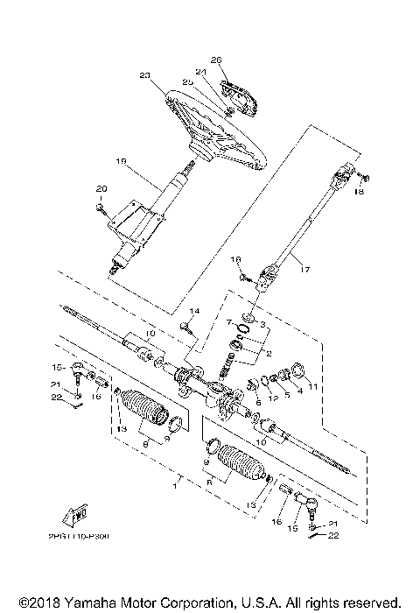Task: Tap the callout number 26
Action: (217, 60)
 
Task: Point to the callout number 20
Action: (100, 189)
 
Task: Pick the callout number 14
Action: (195, 312)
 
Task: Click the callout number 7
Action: (229, 323)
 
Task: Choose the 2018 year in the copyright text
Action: (36, 602)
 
